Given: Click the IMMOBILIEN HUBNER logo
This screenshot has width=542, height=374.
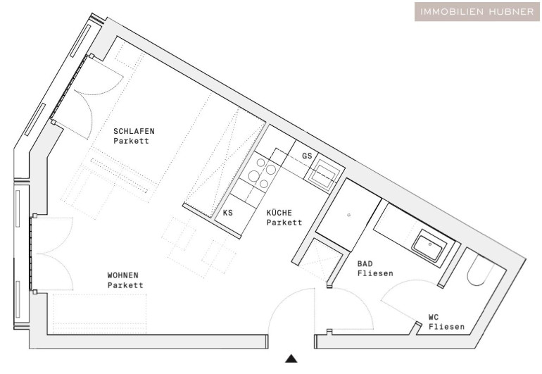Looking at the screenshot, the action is (477, 11).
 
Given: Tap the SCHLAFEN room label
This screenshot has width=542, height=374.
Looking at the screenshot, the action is (134, 131).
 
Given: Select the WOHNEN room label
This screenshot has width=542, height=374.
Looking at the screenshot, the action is (122, 275).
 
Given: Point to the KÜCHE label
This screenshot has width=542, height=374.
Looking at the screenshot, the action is (279, 213).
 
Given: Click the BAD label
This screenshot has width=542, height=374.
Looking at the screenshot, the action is (365, 263).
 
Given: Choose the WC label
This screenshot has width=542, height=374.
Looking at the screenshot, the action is (434, 317).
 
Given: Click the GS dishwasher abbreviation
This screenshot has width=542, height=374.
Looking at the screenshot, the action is (307, 156).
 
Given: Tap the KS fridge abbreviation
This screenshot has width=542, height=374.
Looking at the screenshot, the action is (227, 213).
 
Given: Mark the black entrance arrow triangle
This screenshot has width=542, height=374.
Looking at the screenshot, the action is (291, 359).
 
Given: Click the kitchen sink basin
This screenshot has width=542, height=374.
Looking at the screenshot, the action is (322, 175).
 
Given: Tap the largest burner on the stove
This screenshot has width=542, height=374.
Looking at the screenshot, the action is (254, 177).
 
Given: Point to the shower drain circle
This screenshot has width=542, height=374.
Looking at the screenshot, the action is (348, 215).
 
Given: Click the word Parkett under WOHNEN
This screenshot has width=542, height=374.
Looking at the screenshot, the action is (125, 285).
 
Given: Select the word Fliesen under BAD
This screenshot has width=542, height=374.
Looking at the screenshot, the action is (375, 273).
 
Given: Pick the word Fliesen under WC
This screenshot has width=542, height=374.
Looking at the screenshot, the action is (446, 327).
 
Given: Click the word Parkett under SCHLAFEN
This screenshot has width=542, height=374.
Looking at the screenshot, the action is (131, 141).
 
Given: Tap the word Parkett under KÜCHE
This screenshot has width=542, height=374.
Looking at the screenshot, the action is (284, 223).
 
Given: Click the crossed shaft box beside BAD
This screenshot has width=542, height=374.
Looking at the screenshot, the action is (320, 260).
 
